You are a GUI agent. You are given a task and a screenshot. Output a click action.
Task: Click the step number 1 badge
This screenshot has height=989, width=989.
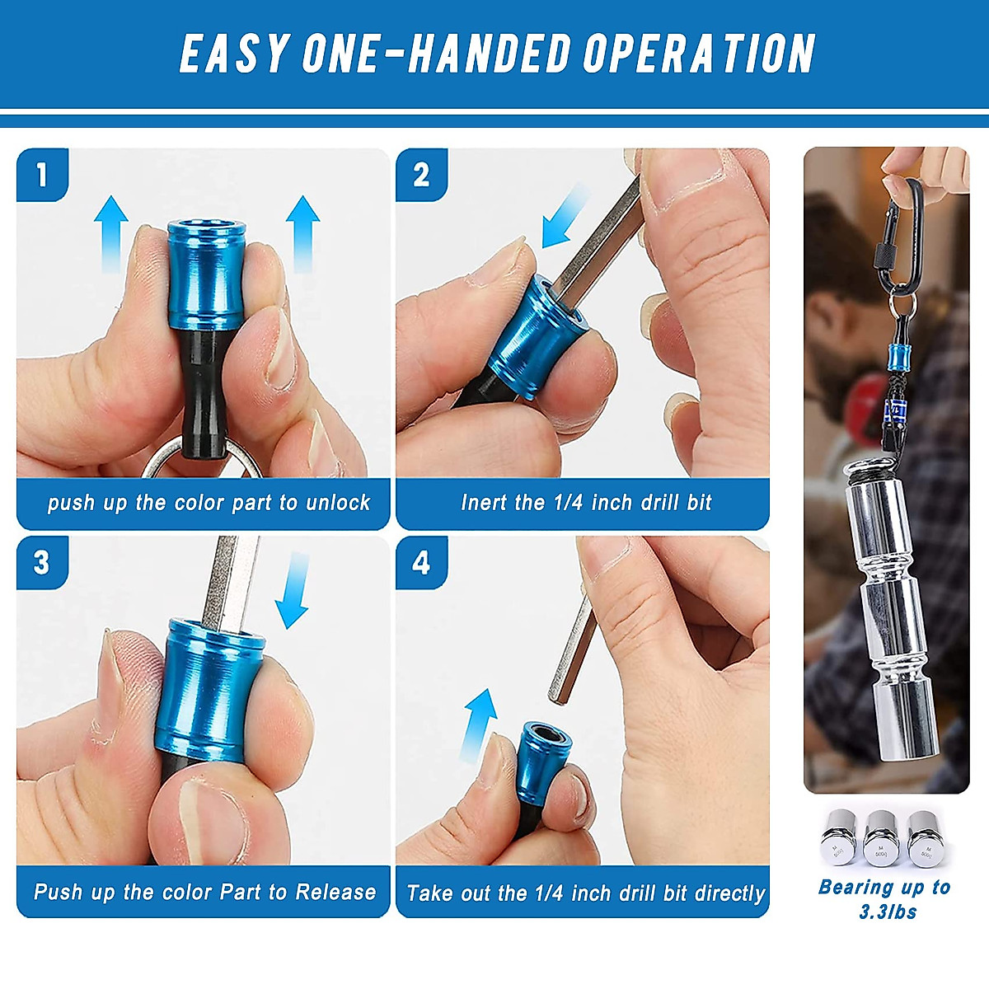point(43,175)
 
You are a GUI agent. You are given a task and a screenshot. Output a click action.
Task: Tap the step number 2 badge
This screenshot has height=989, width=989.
point(421,175)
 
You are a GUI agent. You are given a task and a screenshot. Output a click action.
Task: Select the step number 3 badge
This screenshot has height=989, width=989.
point(42,563)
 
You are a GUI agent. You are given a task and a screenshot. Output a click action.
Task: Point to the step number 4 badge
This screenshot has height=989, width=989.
point(421,563)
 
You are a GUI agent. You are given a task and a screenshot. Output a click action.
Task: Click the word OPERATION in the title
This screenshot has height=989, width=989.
point(699,54)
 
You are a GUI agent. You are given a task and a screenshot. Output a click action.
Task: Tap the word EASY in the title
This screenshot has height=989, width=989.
point(234,54)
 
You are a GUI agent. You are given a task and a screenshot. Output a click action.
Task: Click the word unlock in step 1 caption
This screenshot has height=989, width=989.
point(338,503)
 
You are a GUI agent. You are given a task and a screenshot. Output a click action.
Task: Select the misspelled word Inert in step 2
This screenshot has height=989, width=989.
point(485,503)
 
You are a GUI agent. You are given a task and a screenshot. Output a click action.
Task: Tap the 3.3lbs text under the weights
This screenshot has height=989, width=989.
point(888,912)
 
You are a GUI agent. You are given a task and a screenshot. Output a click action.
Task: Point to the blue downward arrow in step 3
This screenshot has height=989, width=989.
point(293,590)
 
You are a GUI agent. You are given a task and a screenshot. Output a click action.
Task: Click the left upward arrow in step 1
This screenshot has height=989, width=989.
point(111,233)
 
